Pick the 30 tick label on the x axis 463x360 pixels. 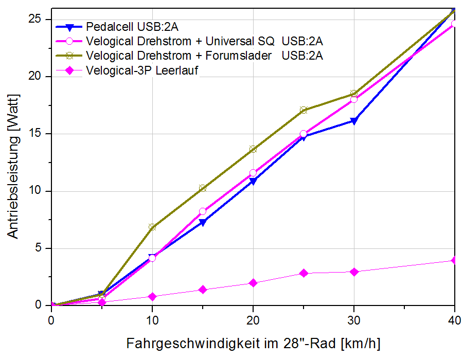[x=353, y=319]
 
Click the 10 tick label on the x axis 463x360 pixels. [x=152, y=319]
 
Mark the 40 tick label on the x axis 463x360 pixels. [x=454, y=319]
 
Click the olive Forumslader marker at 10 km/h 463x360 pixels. [x=152, y=227]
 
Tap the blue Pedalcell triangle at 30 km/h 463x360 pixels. [x=353, y=121]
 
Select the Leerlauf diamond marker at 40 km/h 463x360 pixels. [x=454, y=261]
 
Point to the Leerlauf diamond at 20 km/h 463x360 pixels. [x=253, y=283]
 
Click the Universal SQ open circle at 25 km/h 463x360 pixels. [x=303, y=134]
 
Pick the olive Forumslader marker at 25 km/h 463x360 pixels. [x=303, y=110]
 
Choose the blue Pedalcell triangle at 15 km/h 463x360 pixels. [x=202, y=223]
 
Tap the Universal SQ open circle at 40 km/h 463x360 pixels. [x=454, y=24]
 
